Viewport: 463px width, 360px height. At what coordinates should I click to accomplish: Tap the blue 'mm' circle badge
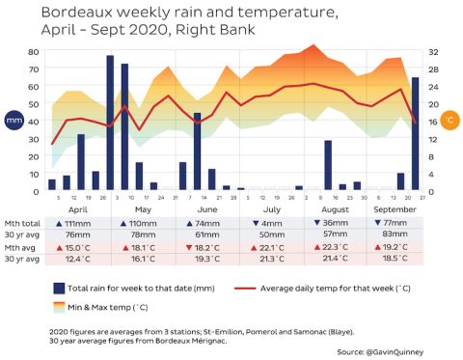click(x=14, y=122)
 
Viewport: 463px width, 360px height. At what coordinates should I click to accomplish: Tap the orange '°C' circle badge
click(x=450, y=122)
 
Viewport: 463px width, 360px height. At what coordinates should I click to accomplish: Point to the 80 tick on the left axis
click(x=34, y=51)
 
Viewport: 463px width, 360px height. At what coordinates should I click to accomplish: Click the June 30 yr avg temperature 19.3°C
click(x=205, y=259)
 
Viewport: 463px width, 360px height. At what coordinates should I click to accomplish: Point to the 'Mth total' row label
click(x=21, y=223)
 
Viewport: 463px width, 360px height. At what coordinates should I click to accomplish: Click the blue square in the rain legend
click(x=60, y=289)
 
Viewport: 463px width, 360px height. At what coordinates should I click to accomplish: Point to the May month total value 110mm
click(x=143, y=223)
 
